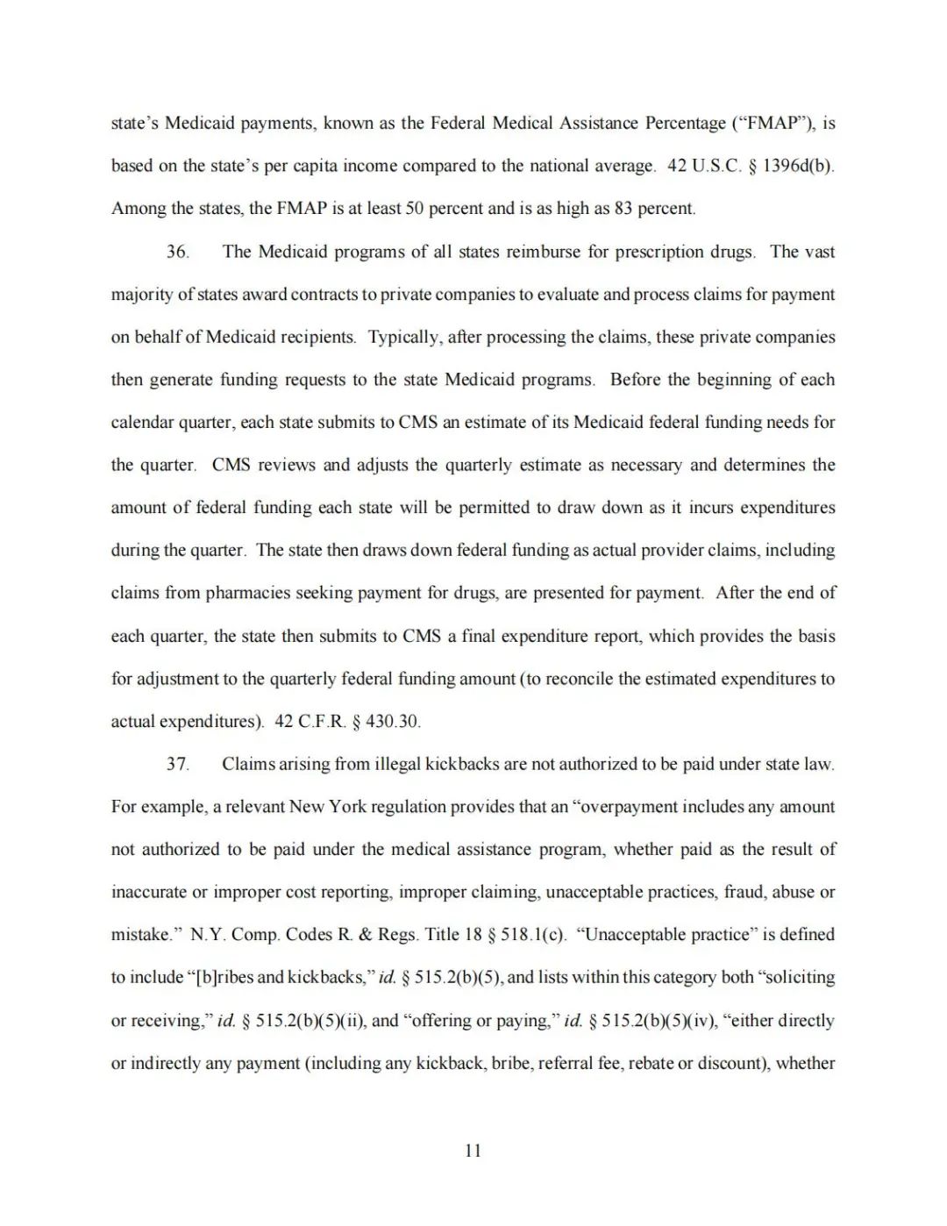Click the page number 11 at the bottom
click(x=473, y=1151)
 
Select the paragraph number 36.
click(x=177, y=252)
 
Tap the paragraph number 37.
click(x=177, y=764)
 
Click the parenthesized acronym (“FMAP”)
click(x=776, y=123)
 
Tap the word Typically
click(x=405, y=338)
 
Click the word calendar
click(x=142, y=423)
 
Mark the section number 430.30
click(x=392, y=722)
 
